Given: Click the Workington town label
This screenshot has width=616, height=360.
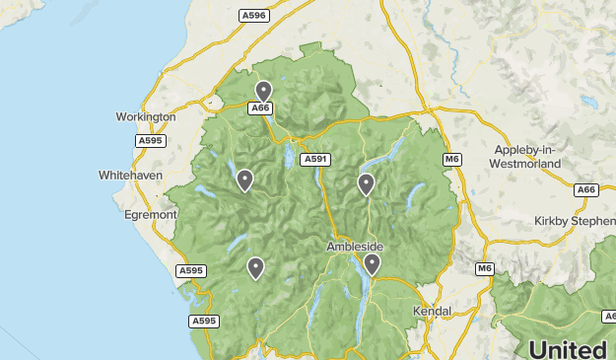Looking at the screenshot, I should coord(145,116).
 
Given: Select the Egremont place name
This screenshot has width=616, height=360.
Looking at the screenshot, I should coord(150,213).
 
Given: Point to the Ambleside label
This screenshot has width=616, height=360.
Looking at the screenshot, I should coord(355,246).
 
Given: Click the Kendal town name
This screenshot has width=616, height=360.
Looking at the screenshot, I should coord(431,311).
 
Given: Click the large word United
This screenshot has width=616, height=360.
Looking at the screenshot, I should coord(567,349).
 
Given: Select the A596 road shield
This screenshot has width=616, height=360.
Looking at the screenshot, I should coord(253,16).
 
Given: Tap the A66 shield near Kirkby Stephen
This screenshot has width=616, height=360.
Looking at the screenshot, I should coord(586,189).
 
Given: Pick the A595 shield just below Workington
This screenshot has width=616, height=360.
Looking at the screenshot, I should coord(151,141).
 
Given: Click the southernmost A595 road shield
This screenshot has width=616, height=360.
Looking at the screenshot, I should coord(204,321).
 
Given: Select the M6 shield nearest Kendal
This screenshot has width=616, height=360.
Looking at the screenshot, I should coord(484,268).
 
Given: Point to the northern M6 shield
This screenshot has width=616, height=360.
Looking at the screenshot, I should coord(451,159).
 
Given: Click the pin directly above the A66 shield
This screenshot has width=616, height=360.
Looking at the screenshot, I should coord(262,91).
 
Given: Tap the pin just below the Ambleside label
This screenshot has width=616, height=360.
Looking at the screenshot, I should coord(372,263).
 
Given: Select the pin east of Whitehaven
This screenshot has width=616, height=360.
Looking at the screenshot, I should coord(244,180).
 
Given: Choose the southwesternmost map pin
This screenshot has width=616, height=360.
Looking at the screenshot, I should coord(255,267).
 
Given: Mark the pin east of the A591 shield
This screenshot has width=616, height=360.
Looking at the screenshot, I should coord(366,183).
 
